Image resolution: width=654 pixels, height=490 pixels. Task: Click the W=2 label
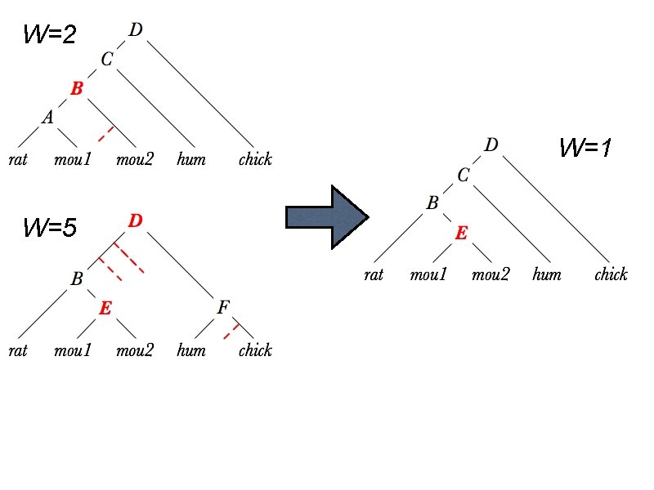coord(50,35)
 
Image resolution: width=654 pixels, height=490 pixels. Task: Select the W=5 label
coord(50,228)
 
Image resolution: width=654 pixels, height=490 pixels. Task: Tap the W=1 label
coord(586,148)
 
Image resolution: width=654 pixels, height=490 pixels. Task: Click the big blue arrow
coord(327,216)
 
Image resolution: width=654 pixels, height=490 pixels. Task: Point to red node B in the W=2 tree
coord(77,89)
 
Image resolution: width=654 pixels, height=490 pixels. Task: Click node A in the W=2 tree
coord(48,118)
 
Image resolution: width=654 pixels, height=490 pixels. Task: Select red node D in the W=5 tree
coord(136,221)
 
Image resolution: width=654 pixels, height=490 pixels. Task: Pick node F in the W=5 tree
coord(222,308)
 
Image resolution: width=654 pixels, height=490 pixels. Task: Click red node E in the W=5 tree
coord(105,308)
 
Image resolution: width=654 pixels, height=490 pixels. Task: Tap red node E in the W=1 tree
coord(461,234)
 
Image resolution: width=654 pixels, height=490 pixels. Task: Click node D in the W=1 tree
coord(490,145)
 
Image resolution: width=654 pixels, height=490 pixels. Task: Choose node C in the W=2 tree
coord(106,60)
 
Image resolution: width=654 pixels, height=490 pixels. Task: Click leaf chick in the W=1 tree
coord(611,274)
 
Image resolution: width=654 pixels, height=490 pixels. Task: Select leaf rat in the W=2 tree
coord(18,159)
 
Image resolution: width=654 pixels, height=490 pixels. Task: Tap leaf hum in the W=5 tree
coord(190,351)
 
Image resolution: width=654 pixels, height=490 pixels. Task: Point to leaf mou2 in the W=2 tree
coord(135,159)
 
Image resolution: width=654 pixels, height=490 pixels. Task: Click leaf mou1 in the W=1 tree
coord(428,274)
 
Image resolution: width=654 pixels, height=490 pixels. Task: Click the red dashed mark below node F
coord(231,331)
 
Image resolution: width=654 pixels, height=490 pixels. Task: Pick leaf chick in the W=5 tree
coord(255,351)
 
